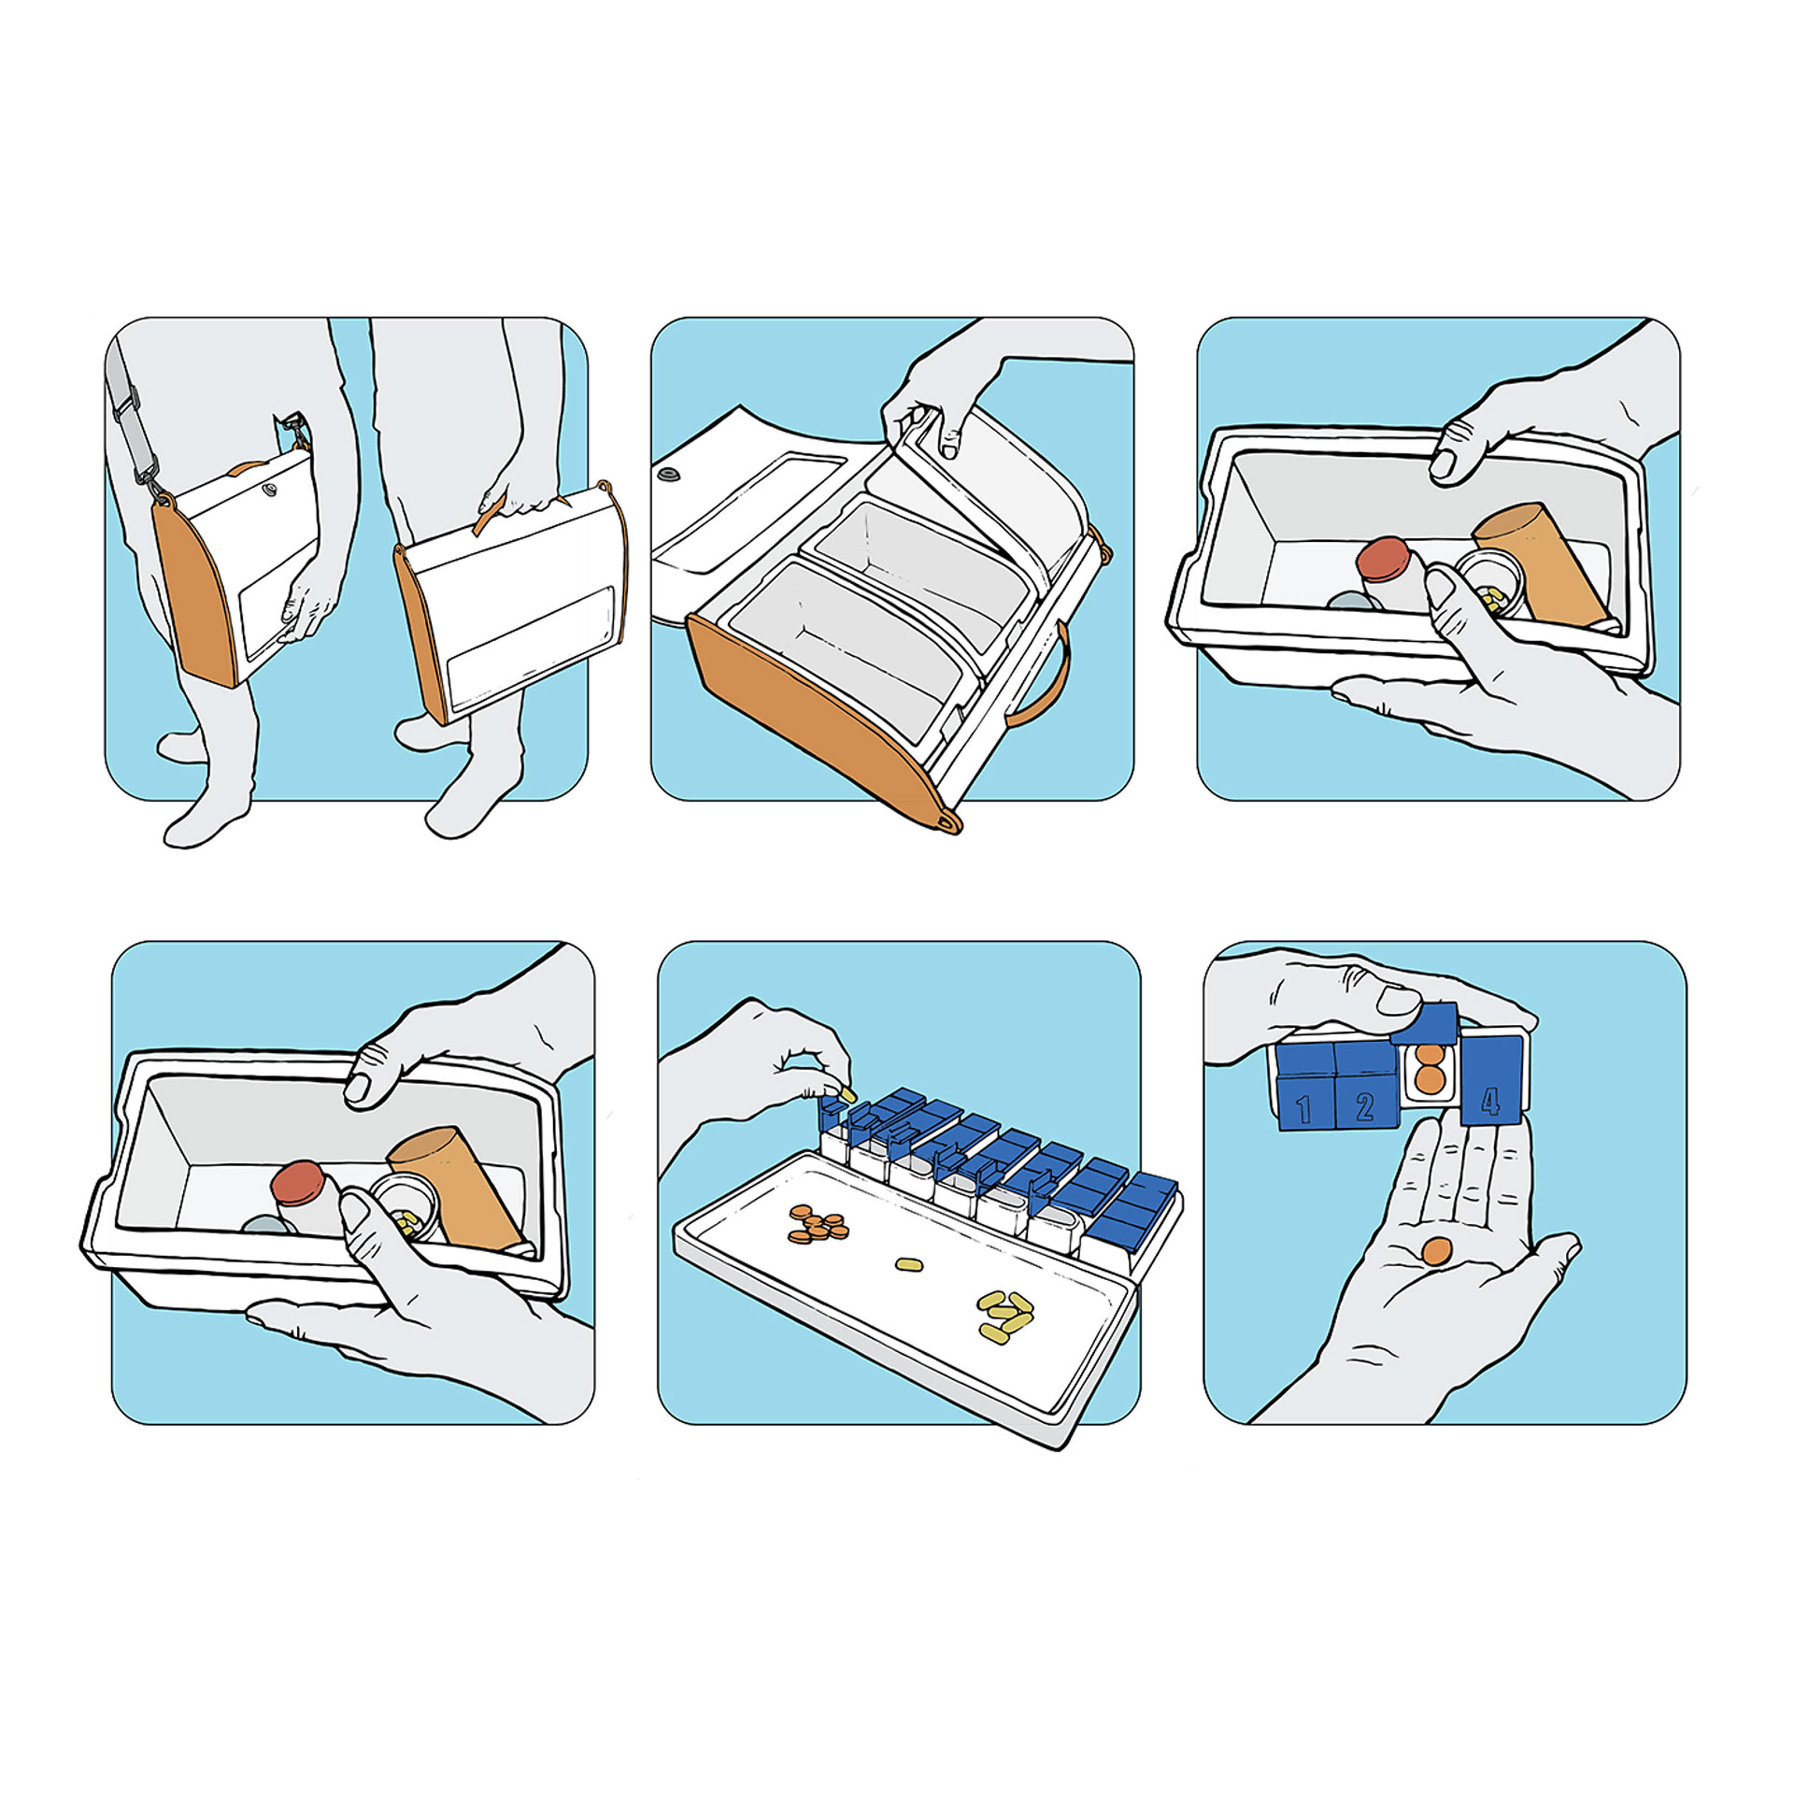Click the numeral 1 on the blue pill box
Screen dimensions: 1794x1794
click(1303, 1109)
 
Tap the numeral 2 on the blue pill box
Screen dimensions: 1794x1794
click(1365, 1107)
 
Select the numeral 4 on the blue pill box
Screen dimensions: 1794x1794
click(1491, 1101)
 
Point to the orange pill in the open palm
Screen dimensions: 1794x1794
click(1437, 1251)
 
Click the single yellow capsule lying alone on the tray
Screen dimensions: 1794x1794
click(909, 1265)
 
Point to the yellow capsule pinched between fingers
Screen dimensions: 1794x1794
click(847, 1093)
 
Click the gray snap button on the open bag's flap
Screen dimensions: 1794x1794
click(668, 476)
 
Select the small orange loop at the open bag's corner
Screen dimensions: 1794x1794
click(947, 822)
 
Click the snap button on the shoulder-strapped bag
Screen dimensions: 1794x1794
click(270, 488)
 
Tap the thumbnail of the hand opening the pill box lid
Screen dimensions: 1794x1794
click(1398, 1000)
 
